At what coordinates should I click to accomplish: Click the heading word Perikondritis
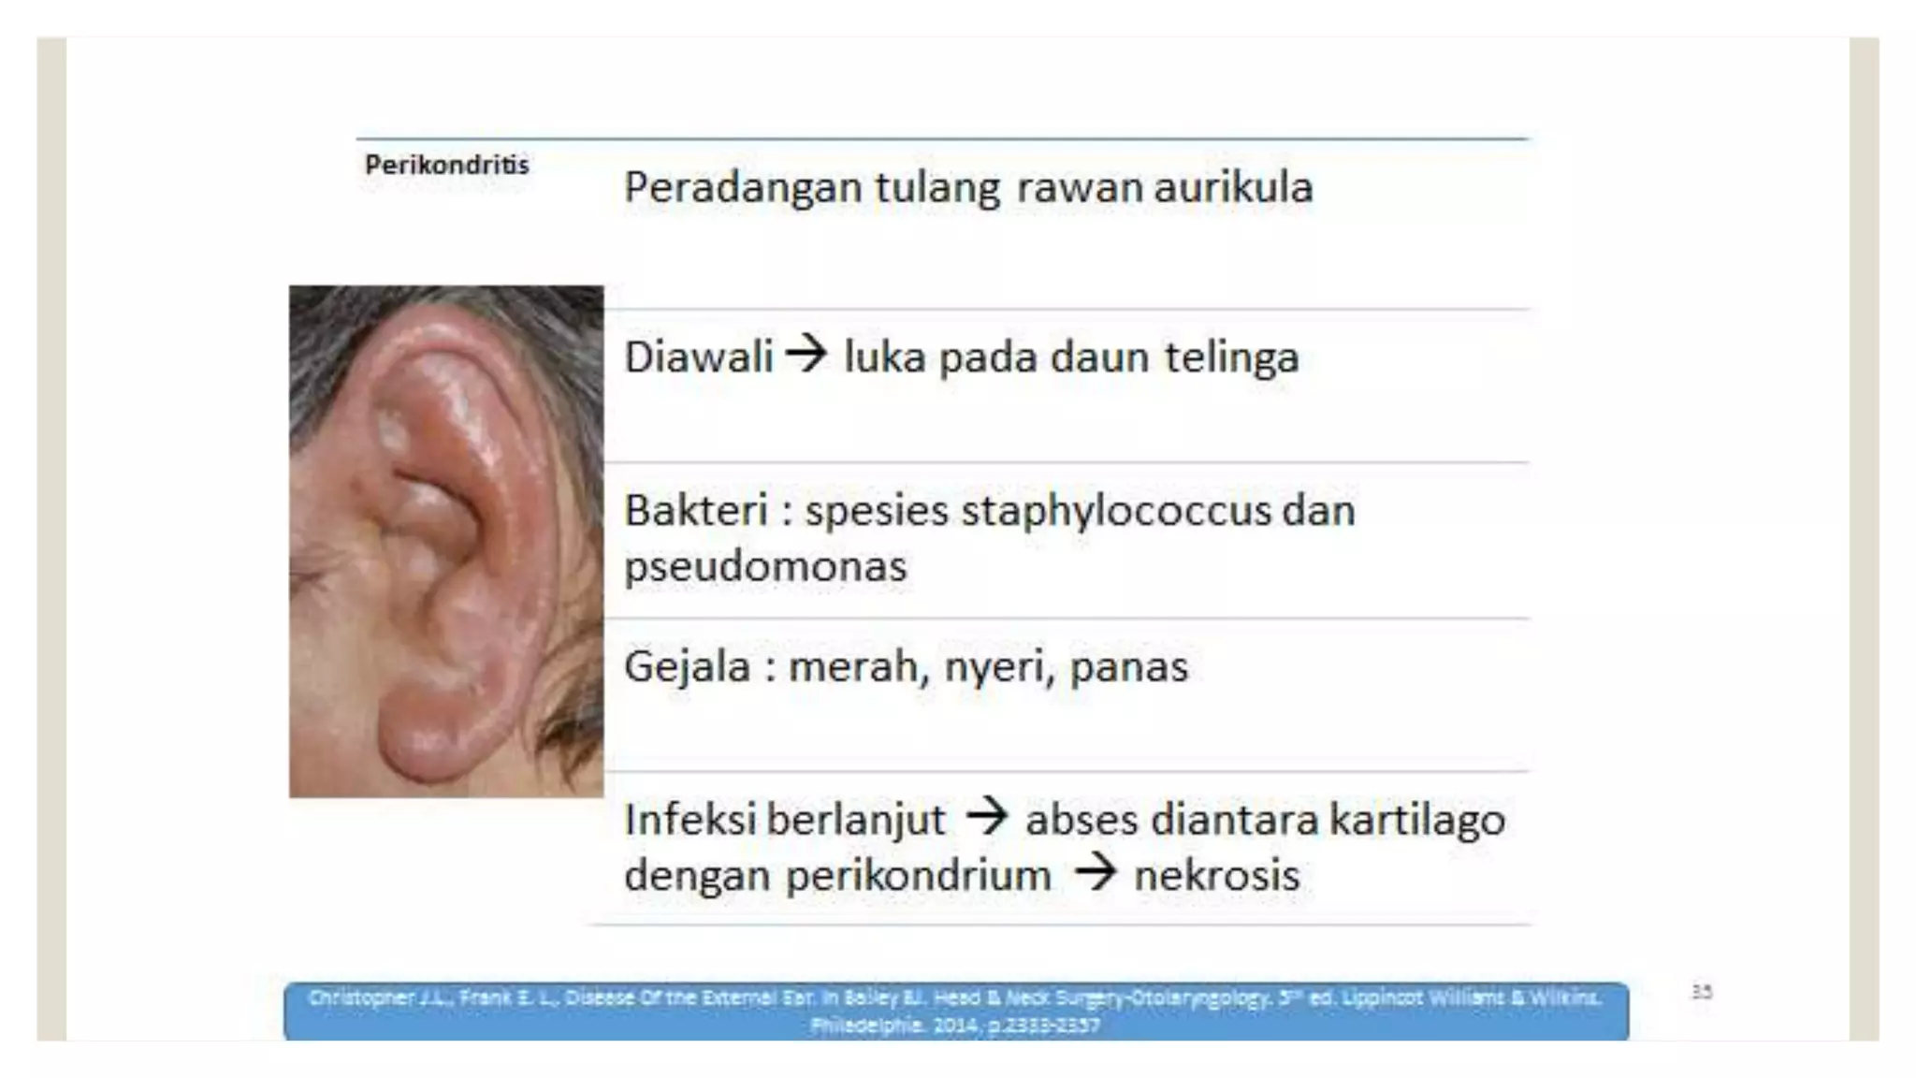tap(446, 166)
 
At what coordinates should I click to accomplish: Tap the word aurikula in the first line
tap(1233, 187)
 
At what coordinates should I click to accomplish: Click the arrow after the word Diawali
tap(806, 354)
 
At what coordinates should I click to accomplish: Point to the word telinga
tap(1231, 357)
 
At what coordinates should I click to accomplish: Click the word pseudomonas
tap(765, 566)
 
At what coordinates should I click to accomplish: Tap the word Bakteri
tap(696, 511)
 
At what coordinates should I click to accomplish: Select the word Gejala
tap(687, 667)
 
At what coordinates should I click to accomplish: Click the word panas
tap(1128, 667)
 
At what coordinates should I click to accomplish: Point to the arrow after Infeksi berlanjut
tap(986, 817)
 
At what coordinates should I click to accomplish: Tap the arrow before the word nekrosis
tap(1095, 873)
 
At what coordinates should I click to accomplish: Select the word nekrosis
tap(1216, 876)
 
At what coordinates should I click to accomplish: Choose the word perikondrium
tap(919, 876)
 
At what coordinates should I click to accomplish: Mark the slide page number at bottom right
tap(1701, 992)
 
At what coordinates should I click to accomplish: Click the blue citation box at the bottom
tap(955, 1011)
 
